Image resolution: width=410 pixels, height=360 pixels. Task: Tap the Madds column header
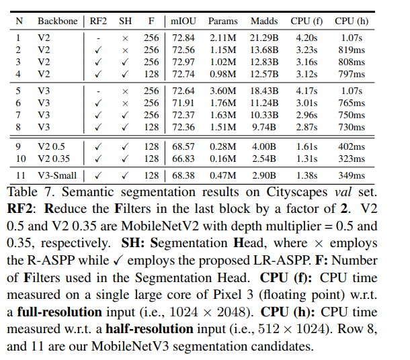tap(264, 21)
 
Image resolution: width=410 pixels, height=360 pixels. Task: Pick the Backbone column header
tap(56, 21)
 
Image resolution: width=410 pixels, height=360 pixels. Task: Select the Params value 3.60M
tap(222, 91)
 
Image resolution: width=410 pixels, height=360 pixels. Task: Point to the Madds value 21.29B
tap(264, 38)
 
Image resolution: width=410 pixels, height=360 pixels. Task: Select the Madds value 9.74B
tap(264, 126)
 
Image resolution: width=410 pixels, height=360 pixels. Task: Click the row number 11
tap(19, 175)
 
